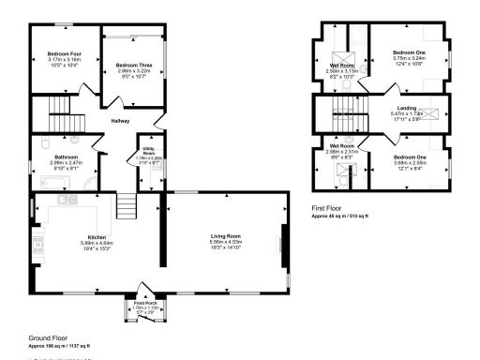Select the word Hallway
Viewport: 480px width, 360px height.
121,122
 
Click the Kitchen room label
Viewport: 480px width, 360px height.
98,236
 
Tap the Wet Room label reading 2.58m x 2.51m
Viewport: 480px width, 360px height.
340,147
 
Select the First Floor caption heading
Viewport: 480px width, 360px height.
330,209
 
